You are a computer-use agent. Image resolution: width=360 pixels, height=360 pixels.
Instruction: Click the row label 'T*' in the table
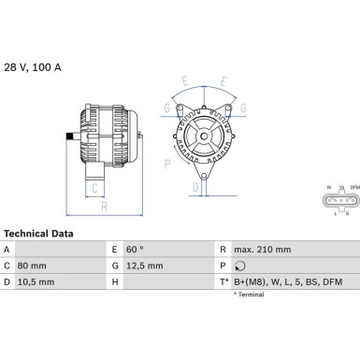[224, 281]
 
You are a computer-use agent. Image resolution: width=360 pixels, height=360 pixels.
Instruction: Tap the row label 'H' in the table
[115, 281]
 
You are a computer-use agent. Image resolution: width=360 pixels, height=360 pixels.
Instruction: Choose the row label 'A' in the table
[7, 250]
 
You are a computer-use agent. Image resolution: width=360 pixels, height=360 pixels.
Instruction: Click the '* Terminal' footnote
[248, 295]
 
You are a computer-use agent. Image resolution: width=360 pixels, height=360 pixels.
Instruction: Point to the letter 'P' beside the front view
[167, 164]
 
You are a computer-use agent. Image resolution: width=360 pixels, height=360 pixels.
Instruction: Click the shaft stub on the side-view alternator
[70, 140]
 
